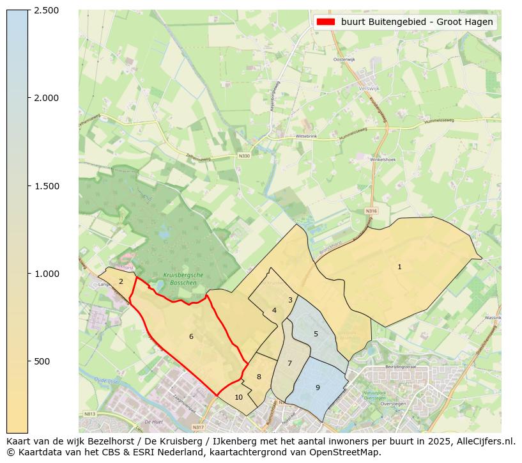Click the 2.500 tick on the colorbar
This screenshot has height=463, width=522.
click(x=46, y=10)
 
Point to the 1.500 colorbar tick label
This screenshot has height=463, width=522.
click(x=46, y=186)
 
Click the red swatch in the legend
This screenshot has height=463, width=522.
click(x=325, y=22)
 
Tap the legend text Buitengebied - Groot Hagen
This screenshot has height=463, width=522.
click(x=417, y=22)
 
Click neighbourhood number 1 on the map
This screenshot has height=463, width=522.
click(x=399, y=267)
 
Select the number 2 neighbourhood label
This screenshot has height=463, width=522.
click(x=121, y=281)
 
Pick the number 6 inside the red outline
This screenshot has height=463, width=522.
click(x=190, y=336)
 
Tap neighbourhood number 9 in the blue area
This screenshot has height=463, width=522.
click(x=318, y=388)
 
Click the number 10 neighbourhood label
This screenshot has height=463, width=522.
click(x=238, y=397)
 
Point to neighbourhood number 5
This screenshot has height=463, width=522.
click(x=316, y=334)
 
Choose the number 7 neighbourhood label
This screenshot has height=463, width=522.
click(x=289, y=363)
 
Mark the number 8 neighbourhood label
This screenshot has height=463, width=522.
click(x=259, y=377)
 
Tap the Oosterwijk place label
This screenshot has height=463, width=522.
click(x=344, y=59)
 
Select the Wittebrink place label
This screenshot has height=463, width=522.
click(x=306, y=136)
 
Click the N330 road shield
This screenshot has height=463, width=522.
click(x=244, y=155)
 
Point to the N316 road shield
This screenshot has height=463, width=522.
click(x=372, y=210)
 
